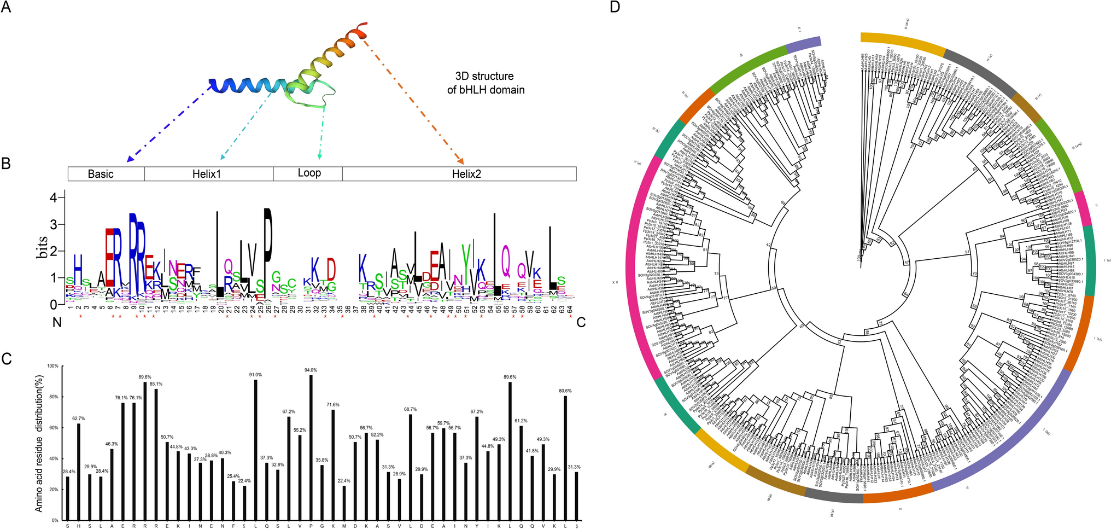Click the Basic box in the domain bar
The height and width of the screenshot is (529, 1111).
tap(101, 174)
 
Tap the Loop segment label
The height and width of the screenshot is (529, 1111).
tap(309, 173)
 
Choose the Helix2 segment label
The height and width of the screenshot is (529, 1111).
tap(466, 174)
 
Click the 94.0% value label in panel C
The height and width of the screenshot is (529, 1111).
tap(311, 370)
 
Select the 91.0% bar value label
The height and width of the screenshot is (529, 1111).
tap(255, 375)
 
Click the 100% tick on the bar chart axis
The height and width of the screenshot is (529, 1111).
tap(53, 366)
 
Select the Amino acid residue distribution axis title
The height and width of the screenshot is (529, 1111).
tap(39, 444)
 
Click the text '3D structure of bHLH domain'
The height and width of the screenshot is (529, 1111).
tap(486, 83)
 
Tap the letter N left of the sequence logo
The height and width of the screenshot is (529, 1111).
tap(57, 323)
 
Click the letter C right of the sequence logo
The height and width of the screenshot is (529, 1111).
tap(581, 323)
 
